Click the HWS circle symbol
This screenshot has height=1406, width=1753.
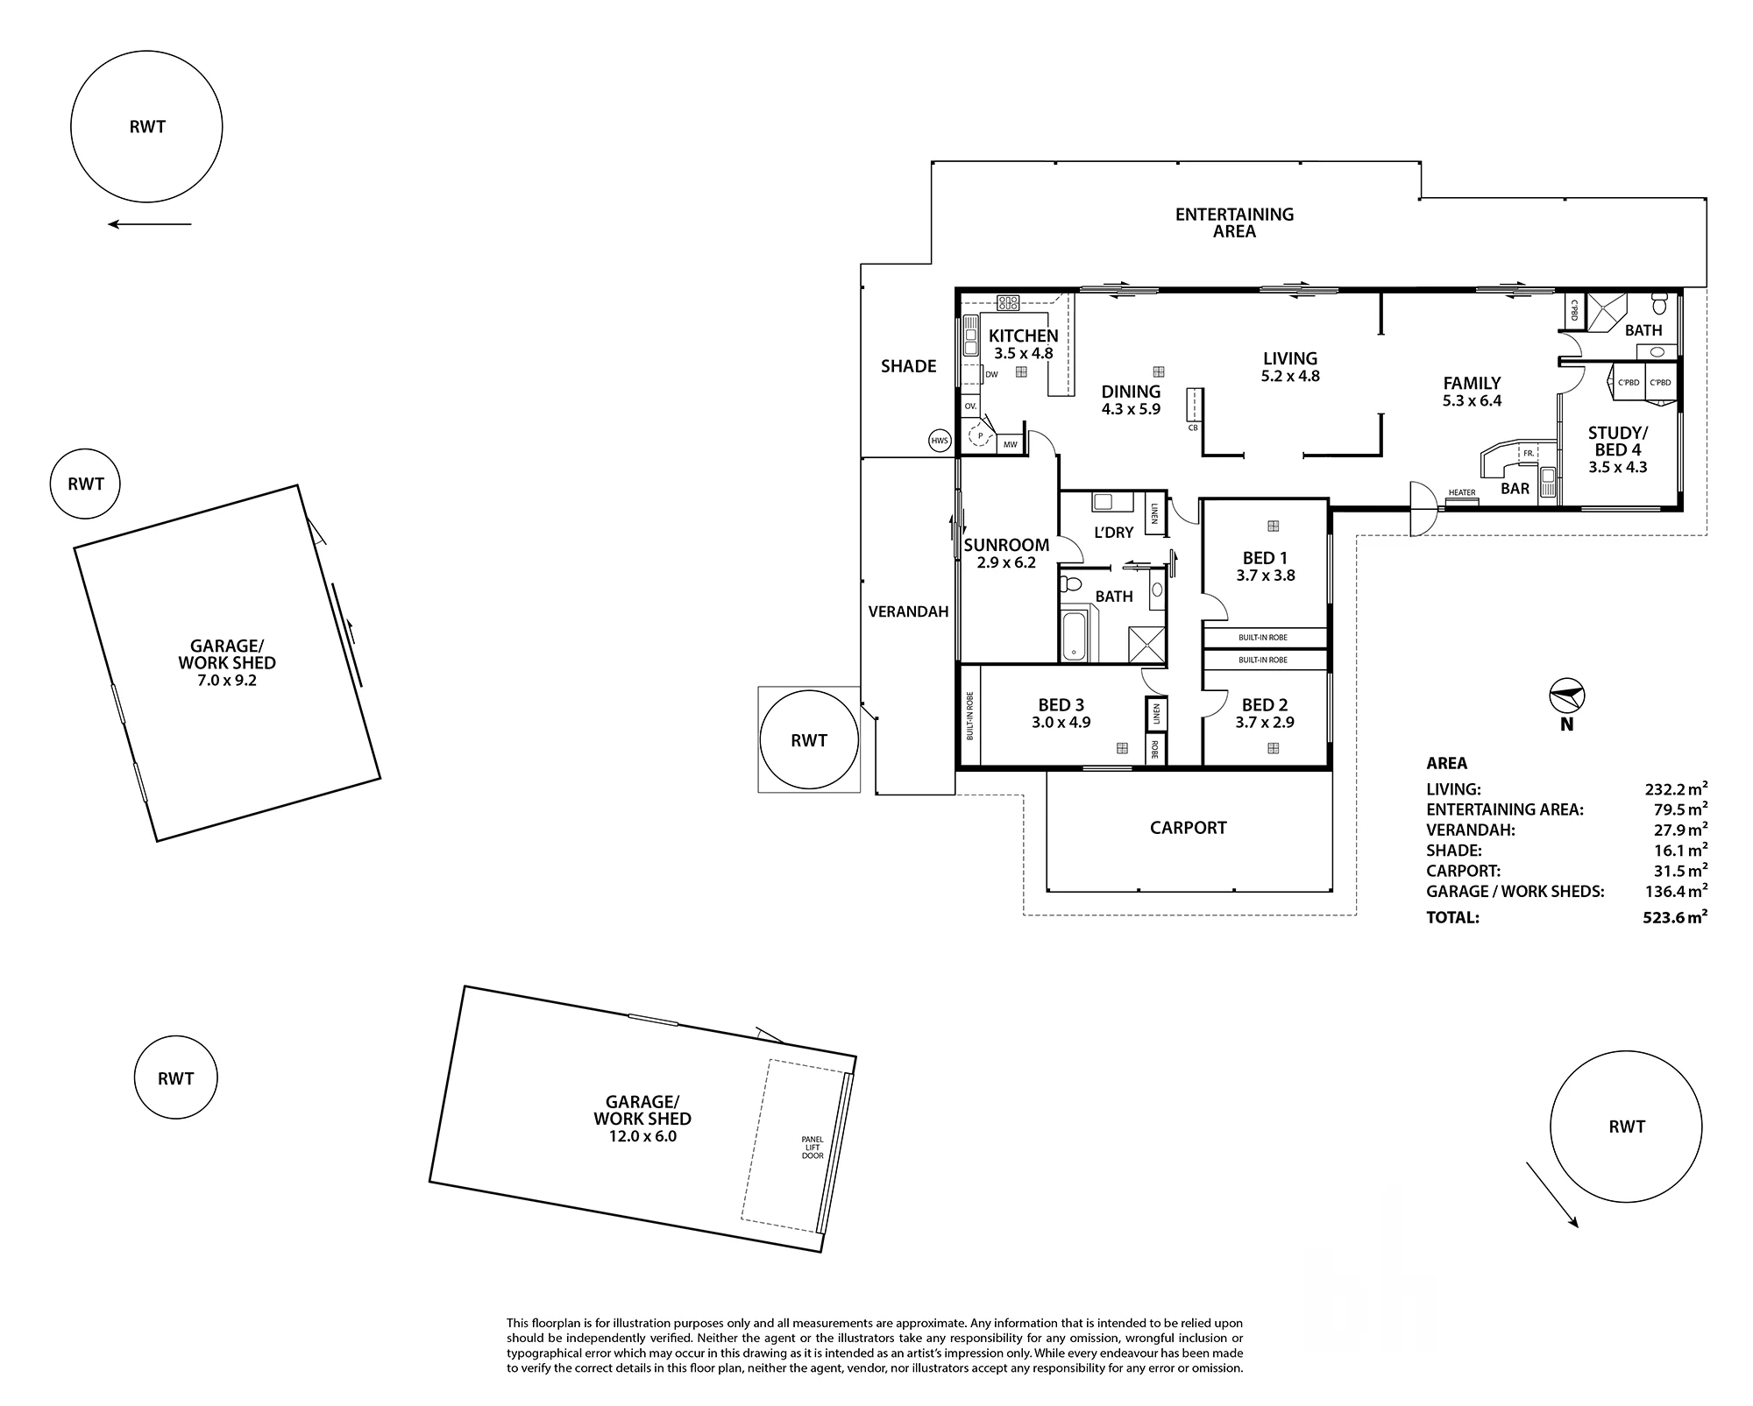tap(940, 441)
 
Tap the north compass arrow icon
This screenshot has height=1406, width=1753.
tap(1567, 697)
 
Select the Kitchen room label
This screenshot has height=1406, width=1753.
tap(1023, 336)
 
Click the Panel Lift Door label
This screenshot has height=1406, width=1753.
tap(813, 1148)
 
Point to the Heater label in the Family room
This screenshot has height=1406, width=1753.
tap(1461, 492)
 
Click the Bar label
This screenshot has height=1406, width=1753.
tap(1515, 489)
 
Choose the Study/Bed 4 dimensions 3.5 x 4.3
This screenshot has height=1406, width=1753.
tap(1617, 468)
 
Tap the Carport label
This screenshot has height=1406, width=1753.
tap(1188, 827)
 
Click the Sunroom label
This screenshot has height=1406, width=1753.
tap(1006, 545)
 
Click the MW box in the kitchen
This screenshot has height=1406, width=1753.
tap(1011, 444)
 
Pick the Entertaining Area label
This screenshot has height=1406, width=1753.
tap(1234, 223)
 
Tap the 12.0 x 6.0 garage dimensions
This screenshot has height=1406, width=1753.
tap(642, 1136)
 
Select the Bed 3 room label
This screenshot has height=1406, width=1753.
tap(1061, 704)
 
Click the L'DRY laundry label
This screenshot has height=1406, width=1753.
tap(1113, 532)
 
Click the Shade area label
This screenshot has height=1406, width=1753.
tap(908, 366)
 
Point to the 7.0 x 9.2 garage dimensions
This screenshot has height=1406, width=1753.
tap(227, 680)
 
